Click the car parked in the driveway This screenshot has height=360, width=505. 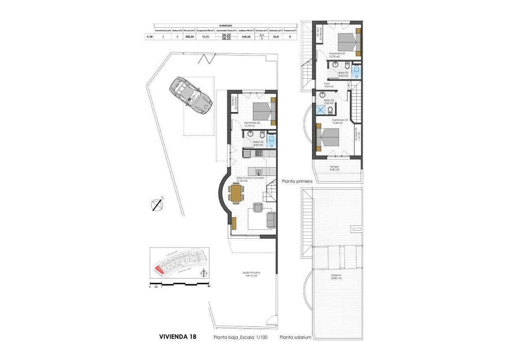click(190, 96)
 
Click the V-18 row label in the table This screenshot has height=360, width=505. click(149, 37)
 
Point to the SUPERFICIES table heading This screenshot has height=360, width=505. click(225, 26)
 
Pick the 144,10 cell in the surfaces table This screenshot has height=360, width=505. click(246, 37)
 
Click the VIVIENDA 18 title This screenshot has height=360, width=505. click(178, 337)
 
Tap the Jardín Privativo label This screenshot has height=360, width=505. click(251, 274)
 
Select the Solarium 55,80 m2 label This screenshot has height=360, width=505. click(336, 277)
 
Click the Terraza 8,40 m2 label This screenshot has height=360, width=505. click(334, 168)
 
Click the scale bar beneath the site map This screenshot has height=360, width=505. click(180, 283)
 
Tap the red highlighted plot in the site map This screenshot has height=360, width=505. click(159, 269)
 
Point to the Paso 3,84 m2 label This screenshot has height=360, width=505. click(327, 85)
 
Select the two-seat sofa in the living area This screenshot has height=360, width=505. click(271, 220)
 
